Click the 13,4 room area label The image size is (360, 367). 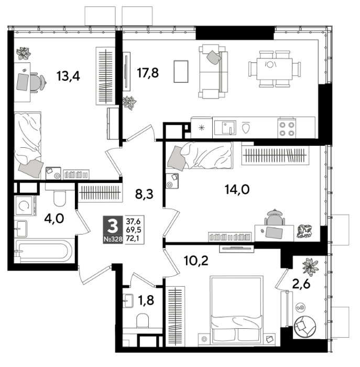(68, 76)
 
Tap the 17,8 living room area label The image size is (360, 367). (148, 73)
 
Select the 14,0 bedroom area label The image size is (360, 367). (237, 189)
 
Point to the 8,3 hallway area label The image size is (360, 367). (144, 194)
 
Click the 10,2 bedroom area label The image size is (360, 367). (196, 261)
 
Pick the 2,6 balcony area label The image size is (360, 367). (301, 284)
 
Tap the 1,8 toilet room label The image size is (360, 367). (146, 300)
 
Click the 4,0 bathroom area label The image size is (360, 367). (54, 219)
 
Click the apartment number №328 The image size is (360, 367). (113, 240)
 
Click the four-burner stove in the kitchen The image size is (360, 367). (287, 128)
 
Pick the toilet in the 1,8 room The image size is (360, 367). (143, 321)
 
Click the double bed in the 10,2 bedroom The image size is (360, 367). (236, 310)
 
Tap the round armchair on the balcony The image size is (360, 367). (305, 327)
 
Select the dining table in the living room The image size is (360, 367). (275, 69)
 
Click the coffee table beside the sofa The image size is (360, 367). (181, 71)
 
